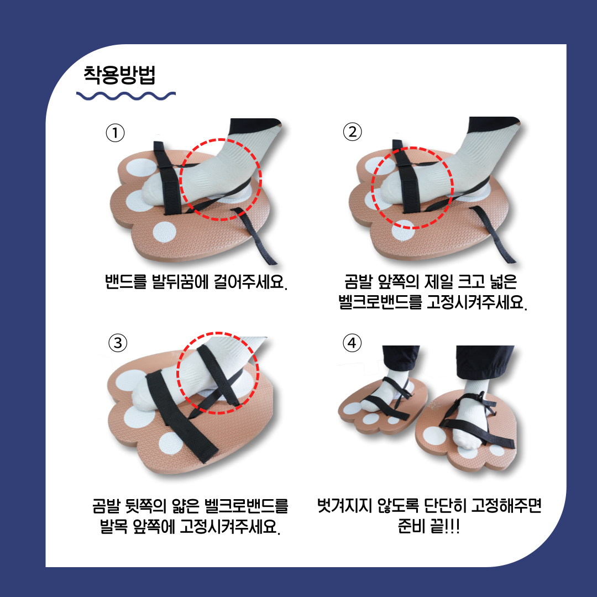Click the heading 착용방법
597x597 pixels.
(x=119, y=75)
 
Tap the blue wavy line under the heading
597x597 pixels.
(x=126, y=96)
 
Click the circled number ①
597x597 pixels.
(x=115, y=133)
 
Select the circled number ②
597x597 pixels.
(x=352, y=132)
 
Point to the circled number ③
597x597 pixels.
(x=118, y=343)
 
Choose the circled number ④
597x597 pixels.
(x=352, y=343)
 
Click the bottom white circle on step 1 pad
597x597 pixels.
(x=165, y=232)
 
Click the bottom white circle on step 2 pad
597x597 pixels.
(x=403, y=231)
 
